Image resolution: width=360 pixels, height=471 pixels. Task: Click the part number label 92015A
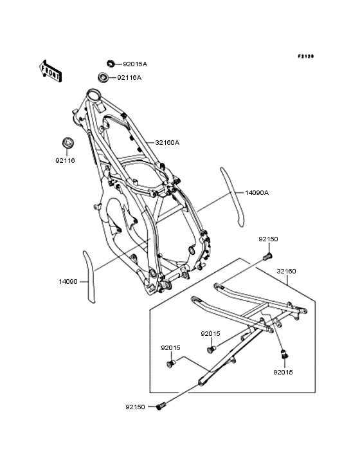(x=135, y=64)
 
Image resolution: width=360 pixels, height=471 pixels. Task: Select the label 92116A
(x=129, y=77)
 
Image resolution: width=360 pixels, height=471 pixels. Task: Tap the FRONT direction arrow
(x=50, y=71)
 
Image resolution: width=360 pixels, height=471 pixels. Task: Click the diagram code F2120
(x=306, y=56)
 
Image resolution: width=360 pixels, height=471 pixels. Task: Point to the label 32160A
(x=167, y=142)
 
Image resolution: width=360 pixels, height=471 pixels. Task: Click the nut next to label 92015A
(x=111, y=64)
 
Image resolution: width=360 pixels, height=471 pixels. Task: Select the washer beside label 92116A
(x=103, y=77)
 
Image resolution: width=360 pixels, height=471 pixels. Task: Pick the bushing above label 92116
(x=68, y=142)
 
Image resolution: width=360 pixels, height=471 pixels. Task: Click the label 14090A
(x=256, y=193)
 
